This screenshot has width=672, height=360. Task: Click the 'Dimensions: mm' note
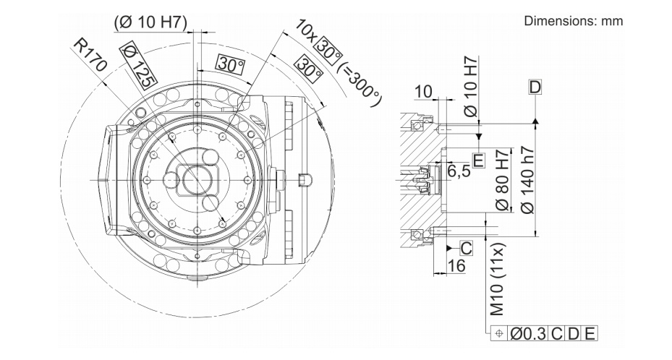coord(573,22)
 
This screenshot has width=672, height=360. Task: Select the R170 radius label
coord(90,57)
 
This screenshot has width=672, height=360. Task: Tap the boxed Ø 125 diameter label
coord(137,66)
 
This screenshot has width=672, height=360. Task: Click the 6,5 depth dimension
coord(460,171)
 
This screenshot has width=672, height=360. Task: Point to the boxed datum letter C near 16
coord(467,248)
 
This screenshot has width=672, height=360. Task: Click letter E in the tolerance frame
coord(590,334)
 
